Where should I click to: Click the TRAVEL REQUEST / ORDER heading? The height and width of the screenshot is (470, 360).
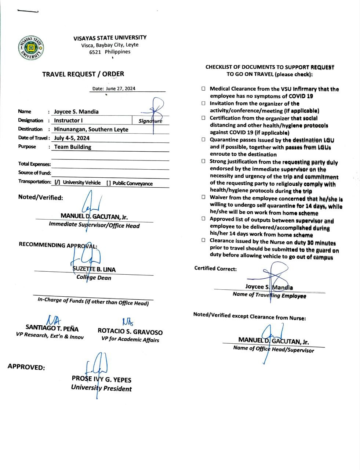pos(83,74)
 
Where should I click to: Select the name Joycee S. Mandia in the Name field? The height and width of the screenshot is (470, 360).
pos(76,112)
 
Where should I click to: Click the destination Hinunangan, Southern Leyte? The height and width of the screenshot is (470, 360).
pos(91,129)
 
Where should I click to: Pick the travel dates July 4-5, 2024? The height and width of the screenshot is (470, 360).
pos(72,138)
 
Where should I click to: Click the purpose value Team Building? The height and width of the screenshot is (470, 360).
pos(73,147)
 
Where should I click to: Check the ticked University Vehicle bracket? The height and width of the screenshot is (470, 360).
pos(57,182)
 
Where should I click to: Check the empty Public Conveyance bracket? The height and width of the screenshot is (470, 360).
pos(108,183)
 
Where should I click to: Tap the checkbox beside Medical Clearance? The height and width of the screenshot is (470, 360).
pos(203,89)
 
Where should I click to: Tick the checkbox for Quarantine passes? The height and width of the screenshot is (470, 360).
pos(203,140)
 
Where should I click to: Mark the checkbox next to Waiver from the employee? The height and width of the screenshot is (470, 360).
pos(203,197)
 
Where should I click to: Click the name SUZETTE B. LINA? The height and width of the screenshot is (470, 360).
pos(94,269)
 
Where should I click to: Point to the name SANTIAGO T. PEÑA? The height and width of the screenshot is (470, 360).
pos(52,328)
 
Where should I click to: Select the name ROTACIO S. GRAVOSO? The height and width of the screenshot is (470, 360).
pos(130,332)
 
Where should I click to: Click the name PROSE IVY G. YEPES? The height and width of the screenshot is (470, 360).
pos(101,380)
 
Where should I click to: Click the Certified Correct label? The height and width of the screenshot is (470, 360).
pos(215,268)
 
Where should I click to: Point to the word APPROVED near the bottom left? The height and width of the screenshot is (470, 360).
pos(26,366)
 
